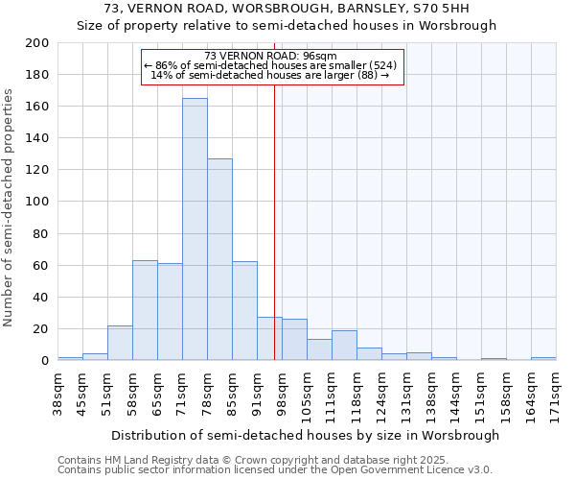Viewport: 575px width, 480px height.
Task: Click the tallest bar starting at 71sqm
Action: [x=195, y=230]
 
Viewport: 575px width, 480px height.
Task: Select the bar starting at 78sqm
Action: [x=219, y=259]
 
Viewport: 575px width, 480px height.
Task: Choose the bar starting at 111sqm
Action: [x=344, y=346]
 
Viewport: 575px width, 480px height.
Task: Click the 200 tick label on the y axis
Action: [x=37, y=43]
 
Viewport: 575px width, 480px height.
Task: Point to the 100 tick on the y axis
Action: [x=37, y=202]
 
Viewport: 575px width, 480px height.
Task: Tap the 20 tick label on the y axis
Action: [x=41, y=329]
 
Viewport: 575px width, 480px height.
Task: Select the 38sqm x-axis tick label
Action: [x=57, y=392]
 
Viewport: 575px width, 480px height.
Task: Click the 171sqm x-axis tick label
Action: [x=556, y=392]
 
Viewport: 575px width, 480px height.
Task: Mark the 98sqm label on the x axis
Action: [x=282, y=392]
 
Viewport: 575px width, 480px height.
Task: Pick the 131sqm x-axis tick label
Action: [x=406, y=392]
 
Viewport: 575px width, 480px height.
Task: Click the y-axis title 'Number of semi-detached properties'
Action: [x=9, y=207]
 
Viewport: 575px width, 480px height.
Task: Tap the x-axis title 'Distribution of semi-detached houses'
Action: [x=305, y=435]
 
